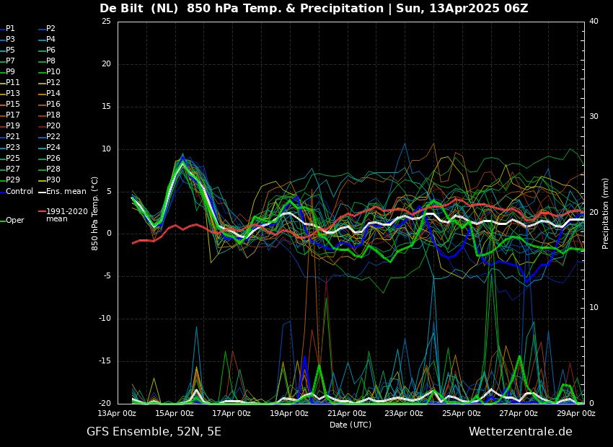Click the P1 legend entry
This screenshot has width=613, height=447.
pos(8,29)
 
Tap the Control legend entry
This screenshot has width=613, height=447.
pos(17,192)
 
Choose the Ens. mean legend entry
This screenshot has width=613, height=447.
pos(62,192)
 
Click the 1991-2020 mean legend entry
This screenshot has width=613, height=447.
pos(63,215)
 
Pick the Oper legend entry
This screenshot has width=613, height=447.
pos(12,221)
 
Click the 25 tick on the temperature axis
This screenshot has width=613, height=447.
pos(106,21)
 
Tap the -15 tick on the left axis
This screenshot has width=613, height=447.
pos(105,361)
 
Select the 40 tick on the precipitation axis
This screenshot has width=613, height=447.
pos(594,21)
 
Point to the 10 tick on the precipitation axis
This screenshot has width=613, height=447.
pos(594,308)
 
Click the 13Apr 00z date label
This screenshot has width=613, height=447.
pos(118,413)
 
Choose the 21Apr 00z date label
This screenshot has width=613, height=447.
pos(347,413)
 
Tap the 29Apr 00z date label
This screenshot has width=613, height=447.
pos(576,413)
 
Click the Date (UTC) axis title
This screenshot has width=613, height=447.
pos(350,425)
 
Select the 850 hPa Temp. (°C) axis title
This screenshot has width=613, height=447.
pos(95,213)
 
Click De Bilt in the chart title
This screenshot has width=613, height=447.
pos(122,9)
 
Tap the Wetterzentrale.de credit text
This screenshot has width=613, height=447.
pos(521,432)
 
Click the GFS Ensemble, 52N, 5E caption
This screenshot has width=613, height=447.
pos(154,432)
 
